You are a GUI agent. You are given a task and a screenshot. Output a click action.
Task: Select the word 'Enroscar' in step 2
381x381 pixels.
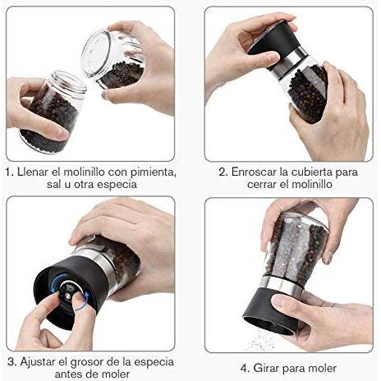(254, 172)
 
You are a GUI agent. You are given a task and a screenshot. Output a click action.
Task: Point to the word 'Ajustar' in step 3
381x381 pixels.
(38, 362)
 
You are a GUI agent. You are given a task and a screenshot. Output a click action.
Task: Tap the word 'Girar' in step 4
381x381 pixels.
(265, 368)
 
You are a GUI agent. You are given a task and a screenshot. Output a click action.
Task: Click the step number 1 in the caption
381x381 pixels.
(9, 172)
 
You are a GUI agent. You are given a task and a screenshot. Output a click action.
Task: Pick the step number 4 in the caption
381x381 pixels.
(245, 369)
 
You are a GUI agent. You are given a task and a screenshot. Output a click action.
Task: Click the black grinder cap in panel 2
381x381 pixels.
(274, 38)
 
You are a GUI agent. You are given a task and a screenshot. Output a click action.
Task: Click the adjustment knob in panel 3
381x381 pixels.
(71, 291)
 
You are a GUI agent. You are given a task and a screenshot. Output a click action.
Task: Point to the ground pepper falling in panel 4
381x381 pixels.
(261, 341)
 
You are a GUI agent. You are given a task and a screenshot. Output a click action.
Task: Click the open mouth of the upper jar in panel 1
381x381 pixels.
(96, 53)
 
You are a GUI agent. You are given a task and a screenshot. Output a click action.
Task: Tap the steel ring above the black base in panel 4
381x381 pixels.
(282, 283)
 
